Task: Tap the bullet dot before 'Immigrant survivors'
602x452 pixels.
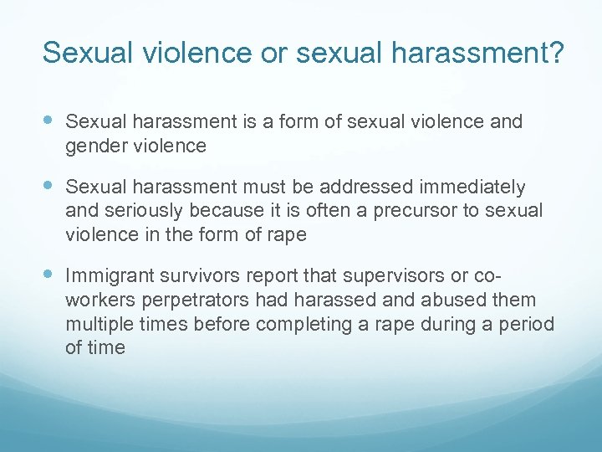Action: (49, 274)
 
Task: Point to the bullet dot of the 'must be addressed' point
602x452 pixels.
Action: (49, 186)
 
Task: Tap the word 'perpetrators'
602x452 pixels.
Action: (198, 299)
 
